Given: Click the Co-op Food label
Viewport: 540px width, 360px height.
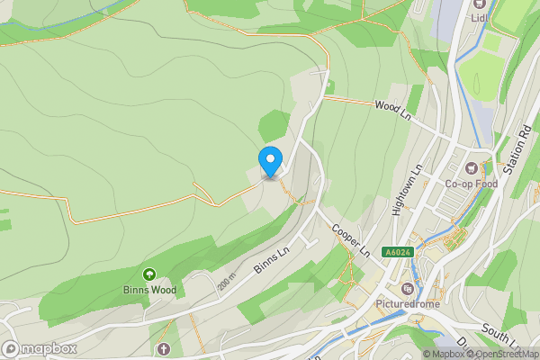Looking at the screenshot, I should [471, 184].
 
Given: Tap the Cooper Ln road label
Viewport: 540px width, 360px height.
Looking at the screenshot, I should [349, 239].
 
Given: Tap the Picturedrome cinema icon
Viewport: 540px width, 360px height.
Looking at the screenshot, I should [409, 289].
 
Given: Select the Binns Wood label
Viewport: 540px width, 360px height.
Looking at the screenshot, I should [149, 290].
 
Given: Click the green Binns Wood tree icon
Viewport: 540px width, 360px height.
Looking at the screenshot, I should [149, 274].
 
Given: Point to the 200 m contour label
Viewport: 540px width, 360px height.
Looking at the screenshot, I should [225, 283].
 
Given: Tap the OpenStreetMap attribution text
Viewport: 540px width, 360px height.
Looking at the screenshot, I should [503, 354].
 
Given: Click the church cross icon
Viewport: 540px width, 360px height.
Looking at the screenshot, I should [163, 348].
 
